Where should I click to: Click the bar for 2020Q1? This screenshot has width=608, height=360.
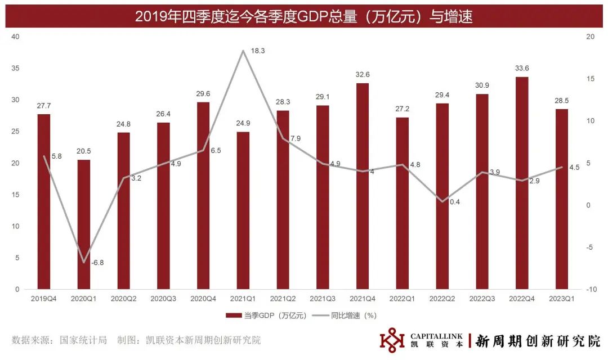click(x=83, y=224)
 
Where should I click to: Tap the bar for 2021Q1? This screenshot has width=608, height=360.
click(x=243, y=210)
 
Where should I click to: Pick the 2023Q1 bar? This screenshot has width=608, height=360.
click(x=562, y=199)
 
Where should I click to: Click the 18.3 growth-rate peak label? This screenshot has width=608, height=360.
click(x=257, y=51)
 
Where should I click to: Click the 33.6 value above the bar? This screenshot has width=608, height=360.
click(x=522, y=69)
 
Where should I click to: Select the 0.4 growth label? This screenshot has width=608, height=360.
click(x=454, y=201)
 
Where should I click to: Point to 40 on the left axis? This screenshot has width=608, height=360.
click(x=16, y=37)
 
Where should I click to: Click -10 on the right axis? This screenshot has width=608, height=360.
click(x=591, y=289)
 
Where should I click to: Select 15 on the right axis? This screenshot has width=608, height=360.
click(x=590, y=79)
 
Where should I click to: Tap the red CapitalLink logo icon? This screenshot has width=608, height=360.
click(x=392, y=340)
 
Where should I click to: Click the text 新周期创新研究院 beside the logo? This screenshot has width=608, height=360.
click(x=538, y=340)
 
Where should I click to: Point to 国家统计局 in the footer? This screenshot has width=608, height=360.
click(x=85, y=340)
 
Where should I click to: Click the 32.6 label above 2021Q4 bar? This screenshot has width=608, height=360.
click(x=363, y=75)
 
